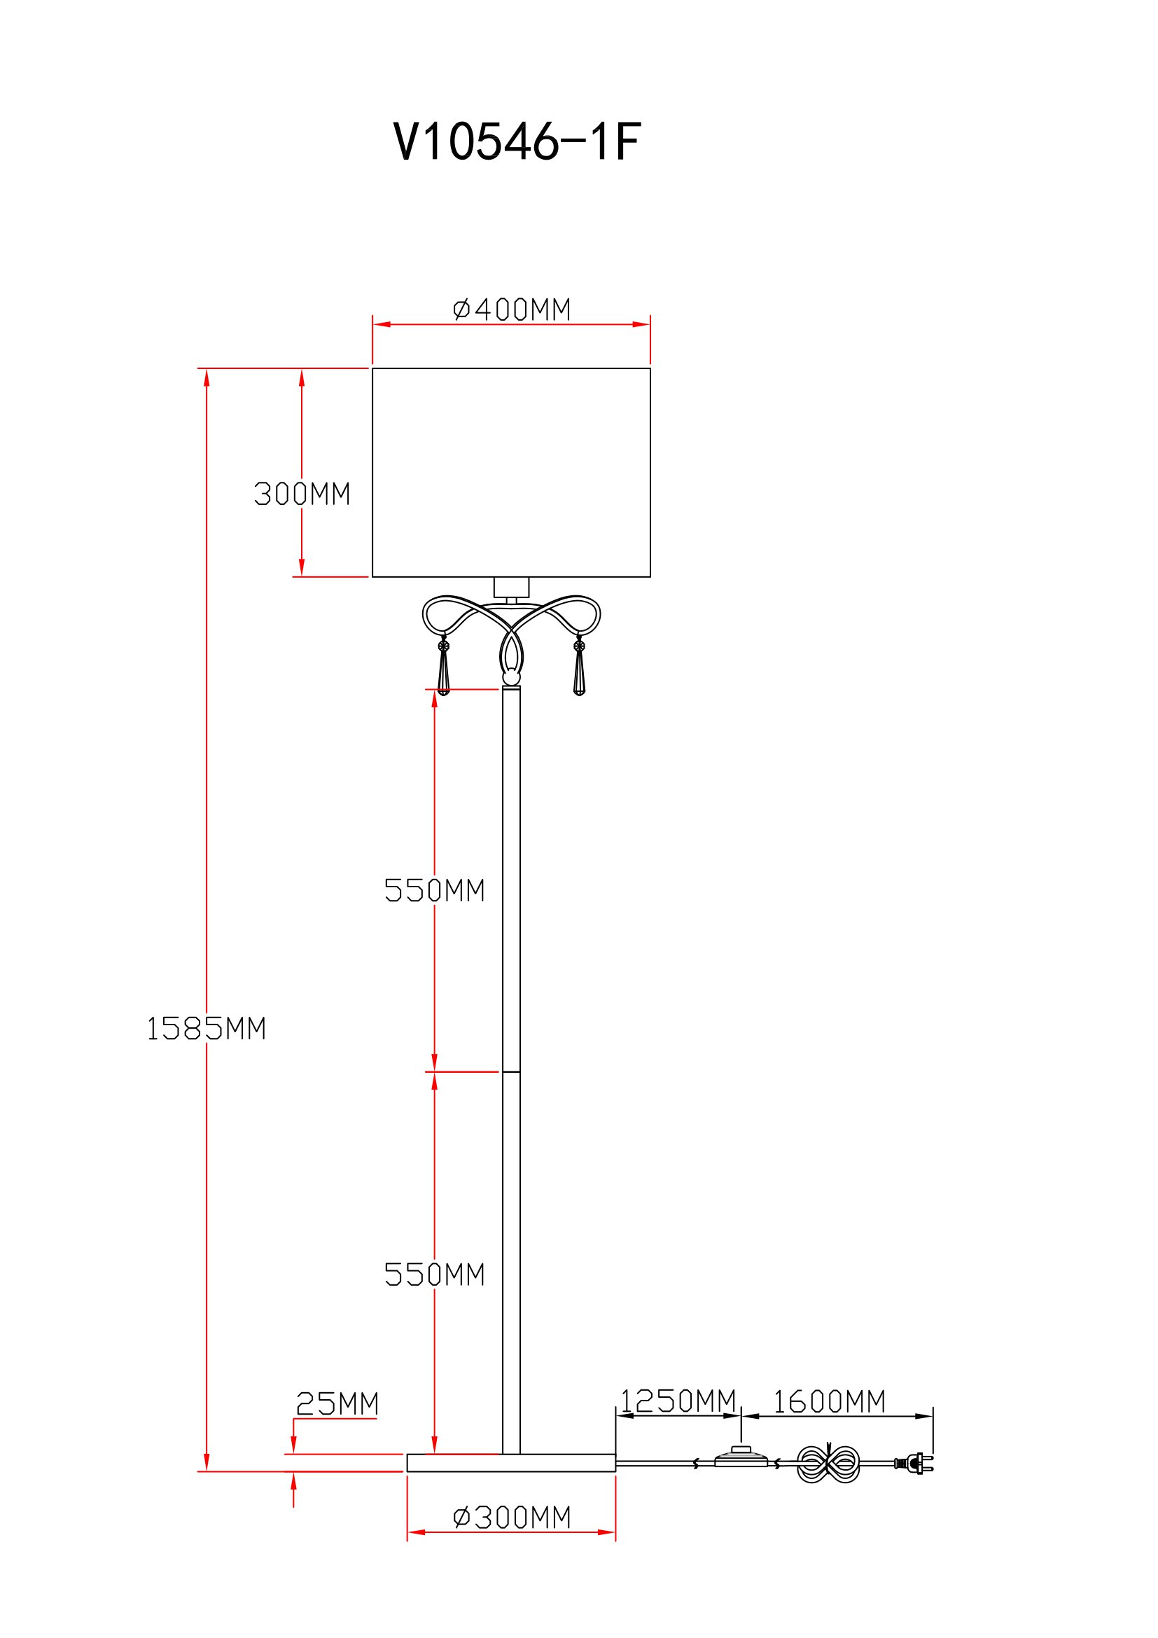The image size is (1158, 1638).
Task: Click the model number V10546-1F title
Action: pos(517,141)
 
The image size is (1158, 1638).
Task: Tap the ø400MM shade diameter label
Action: pos(512,310)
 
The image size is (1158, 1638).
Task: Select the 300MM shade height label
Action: pos(302,494)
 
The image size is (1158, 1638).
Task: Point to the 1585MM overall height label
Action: pos(206,1029)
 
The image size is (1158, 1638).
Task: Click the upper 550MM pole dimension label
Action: pos(435,890)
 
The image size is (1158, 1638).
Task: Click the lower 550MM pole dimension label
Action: pos(435,1274)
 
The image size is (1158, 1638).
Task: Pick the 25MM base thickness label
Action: pos(337,1403)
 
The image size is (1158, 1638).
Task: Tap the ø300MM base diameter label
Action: pos(512,1518)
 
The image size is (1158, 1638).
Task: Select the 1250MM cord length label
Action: pos(678,1401)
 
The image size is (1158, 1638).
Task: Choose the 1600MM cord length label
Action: pos(829,1402)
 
